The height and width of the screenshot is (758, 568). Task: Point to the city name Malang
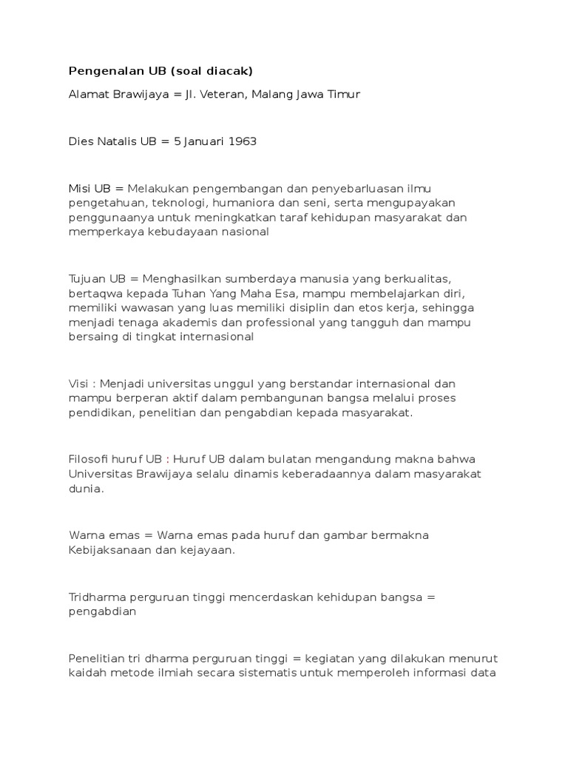[x=274, y=95]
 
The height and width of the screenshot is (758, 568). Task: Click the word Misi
[x=80, y=189]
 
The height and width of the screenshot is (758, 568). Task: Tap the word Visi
[x=79, y=383]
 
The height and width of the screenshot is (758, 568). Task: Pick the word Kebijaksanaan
[x=110, y=549]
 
